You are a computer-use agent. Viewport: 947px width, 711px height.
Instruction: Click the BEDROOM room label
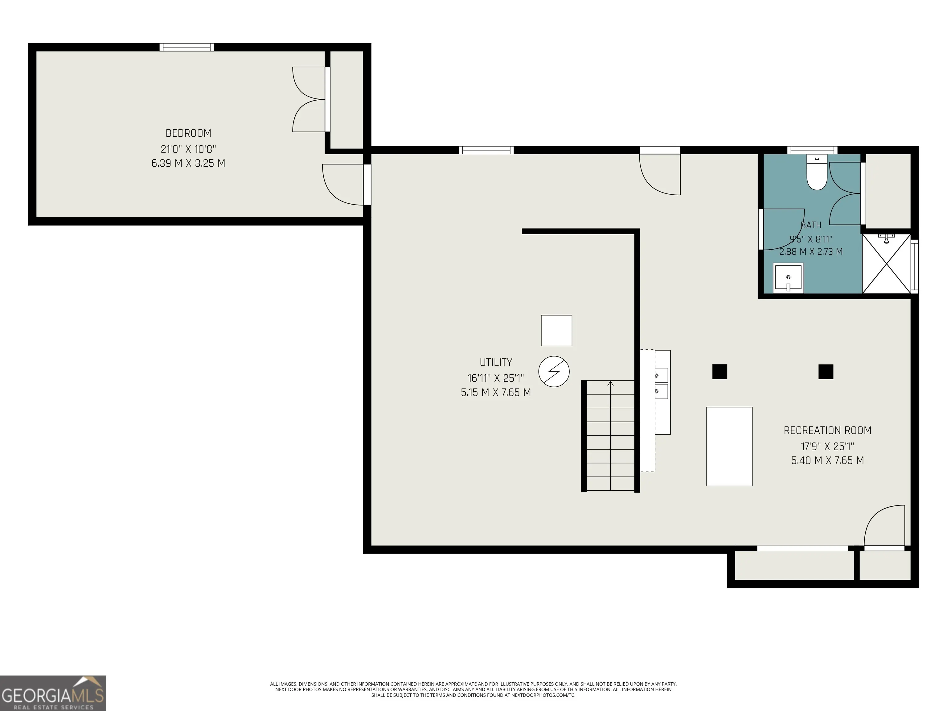click(x=188, y=133)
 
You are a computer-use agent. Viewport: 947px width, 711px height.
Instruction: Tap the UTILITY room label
click(x=496, y=363)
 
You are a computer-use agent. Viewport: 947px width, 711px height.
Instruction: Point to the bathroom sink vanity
click(x=788, y=278)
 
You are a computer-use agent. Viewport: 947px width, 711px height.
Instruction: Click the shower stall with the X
click(x=887, y=264)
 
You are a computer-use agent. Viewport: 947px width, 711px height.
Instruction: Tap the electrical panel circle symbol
click(x=554, y=372)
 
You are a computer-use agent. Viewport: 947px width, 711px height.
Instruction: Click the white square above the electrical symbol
click(x=556, y=331)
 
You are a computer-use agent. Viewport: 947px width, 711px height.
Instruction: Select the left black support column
click(x=720, y=372)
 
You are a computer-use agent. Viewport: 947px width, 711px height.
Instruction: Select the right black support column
click(x=826, y=372)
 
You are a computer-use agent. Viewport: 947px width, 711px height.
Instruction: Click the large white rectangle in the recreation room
click(x=729, y=447)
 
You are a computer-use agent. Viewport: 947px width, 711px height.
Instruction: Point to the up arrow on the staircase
click(x=610, y=384)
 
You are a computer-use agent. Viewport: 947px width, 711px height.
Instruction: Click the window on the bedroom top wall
click(x=187, y=47)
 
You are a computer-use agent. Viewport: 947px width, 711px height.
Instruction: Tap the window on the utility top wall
click(x=486, y=150)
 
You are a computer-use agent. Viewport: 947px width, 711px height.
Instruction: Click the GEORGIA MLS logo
click(x=53, y=693)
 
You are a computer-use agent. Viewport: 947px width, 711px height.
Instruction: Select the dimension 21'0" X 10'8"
click(x=188, y=149)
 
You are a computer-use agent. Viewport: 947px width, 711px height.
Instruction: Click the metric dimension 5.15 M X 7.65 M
click(x=496, y=393)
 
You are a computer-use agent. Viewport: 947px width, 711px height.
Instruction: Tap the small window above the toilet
click(x=813, y=150)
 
